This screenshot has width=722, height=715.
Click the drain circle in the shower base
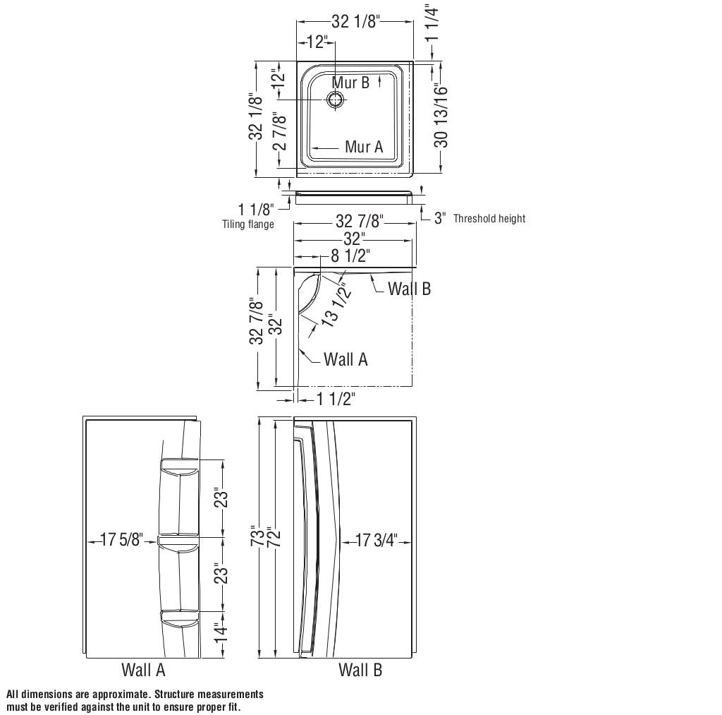(x=338, y=100)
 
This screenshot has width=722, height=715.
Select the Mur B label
(x=350, y=83)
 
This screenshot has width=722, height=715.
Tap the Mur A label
(x=364, y=147)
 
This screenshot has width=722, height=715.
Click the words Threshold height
(x=489, y=219)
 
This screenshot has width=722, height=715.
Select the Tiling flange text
(x=247, y=224)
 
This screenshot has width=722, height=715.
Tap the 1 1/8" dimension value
(x=255, y=210)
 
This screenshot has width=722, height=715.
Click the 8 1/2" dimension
(x=350, y=256)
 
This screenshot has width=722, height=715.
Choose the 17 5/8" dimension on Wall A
(x=122, y=541)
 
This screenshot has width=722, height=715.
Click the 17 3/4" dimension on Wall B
(x=377, y=541)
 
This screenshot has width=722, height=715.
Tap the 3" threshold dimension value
(x=439, y=218)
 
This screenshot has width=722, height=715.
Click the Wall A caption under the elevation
(x=143, y=670)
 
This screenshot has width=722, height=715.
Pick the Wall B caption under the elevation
(x=360, y=670)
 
